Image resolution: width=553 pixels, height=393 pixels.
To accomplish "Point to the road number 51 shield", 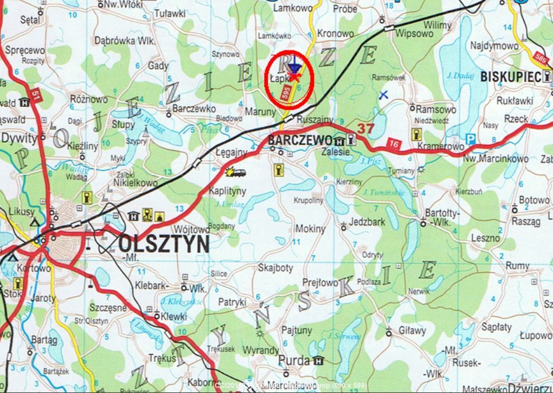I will [x=36, y=96].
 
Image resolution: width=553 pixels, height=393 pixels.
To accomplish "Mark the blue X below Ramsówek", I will [x=384, y=95].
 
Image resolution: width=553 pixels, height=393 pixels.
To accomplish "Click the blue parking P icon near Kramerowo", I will [x=471, y=139].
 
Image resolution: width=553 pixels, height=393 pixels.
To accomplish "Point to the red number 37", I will [x=365, y=128].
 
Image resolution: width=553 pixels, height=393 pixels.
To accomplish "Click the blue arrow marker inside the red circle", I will [x=295, y=64].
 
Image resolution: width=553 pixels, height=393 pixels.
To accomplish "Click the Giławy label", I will [x=413, y=331].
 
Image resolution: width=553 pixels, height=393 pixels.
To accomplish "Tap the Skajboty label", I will [x=276, y=268].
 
